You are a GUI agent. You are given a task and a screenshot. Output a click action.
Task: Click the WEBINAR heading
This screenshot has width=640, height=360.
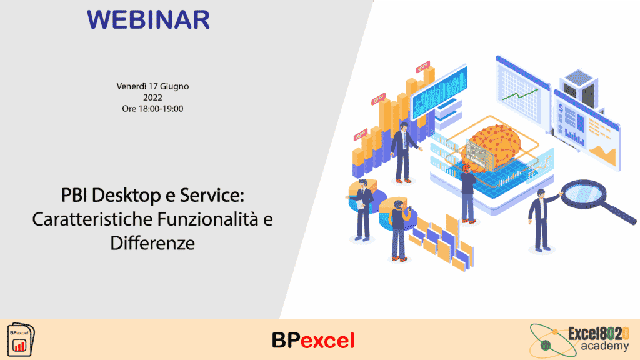click(149, 19)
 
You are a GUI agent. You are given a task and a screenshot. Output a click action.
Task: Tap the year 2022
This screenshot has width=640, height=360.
click(152, 97)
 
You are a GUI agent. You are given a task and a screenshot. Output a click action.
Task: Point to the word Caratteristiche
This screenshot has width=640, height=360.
click(92, 219)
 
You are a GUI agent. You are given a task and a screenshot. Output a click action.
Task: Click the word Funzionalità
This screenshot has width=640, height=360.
click(208, 219)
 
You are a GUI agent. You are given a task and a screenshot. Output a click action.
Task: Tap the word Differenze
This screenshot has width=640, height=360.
click(152, 243)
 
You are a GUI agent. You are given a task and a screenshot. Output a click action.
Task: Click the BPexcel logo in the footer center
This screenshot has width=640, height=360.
click(313, 341)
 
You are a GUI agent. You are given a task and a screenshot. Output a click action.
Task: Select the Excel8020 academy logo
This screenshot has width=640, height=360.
click(579, 340)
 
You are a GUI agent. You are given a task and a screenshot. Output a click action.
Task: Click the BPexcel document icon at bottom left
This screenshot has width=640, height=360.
click(21, 339)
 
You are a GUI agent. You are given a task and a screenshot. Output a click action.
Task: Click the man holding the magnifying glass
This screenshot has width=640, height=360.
click(543, 221)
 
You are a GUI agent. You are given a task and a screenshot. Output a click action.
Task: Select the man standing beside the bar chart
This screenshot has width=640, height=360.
click(403, 152)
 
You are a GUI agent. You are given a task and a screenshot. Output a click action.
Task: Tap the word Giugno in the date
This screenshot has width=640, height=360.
click(174, 86)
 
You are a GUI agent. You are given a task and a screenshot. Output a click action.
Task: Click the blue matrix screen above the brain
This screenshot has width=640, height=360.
click(439, 92)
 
